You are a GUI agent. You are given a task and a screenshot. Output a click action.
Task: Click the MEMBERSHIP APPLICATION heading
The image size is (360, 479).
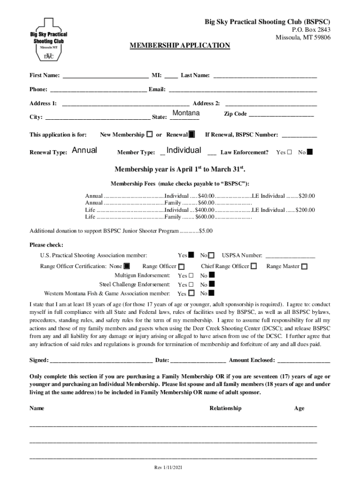pos(180,45)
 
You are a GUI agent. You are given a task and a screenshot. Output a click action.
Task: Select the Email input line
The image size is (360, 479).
pos(242,90)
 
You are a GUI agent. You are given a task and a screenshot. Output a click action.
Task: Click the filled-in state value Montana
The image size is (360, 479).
pos(186,114)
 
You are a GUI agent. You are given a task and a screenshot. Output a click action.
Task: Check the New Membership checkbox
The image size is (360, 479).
pos(149,135)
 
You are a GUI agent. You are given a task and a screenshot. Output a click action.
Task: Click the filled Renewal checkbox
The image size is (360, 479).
pos(192,135)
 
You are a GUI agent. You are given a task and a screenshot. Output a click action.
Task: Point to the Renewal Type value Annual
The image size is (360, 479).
pos(85,150)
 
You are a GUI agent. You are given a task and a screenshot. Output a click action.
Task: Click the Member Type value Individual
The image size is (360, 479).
pos(184,150)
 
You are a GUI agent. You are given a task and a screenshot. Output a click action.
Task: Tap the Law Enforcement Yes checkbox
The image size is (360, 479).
pos(289,152)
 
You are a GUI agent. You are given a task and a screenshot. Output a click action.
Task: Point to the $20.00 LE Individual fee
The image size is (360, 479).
pos(307,196)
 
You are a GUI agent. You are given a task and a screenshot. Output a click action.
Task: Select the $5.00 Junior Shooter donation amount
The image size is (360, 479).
pos(206,231)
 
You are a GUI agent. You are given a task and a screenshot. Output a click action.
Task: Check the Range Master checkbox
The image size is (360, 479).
pos(304,267)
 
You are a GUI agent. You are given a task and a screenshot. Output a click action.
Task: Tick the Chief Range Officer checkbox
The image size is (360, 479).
pos(253,267)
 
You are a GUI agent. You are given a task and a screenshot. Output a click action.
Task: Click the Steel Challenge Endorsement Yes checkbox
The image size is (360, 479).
pos(191,284)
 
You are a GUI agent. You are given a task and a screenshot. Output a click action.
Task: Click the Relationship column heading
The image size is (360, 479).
pos(225,408)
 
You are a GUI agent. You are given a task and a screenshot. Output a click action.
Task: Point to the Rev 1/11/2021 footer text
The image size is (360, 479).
pos(168,468)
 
